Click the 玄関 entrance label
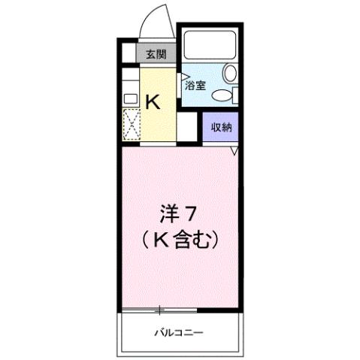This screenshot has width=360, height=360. (x=156, y=55)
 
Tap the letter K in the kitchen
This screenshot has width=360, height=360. (x=152, y=101)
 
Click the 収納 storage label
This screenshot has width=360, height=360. (x=221, y=127)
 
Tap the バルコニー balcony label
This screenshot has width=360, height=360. (x=180, y=331)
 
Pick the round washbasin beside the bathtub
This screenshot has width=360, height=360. (x=231, y=74)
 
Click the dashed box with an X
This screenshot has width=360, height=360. (x=131, y=124)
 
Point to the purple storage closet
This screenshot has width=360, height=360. (x=221, y=128)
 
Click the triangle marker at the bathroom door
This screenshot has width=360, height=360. (x=183, y=75)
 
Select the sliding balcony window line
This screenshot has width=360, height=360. (x=159, y=310)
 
